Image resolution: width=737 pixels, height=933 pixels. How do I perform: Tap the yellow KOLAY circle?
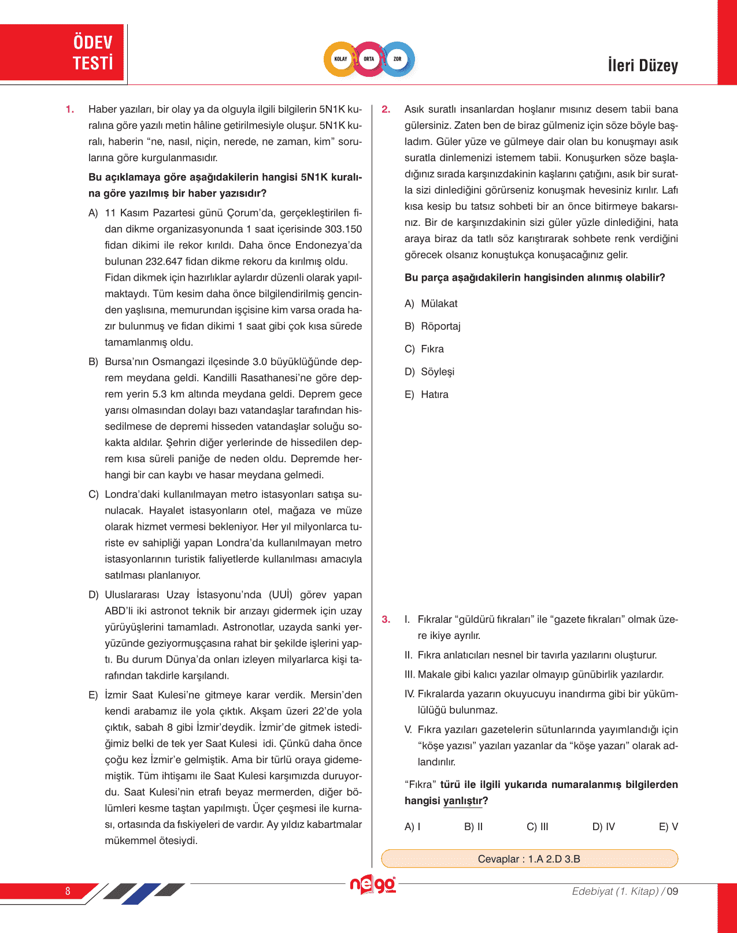pos(341,59)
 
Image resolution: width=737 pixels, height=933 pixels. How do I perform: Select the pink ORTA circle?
pos(369,59)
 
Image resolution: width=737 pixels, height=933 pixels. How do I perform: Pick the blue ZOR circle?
pos(398,59)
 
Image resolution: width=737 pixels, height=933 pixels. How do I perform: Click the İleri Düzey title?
pos(643,65)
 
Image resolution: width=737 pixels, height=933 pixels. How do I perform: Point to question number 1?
pos(70,109)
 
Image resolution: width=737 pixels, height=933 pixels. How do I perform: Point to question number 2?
pos(386,109)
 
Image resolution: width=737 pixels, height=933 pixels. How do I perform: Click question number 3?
pos(386,619)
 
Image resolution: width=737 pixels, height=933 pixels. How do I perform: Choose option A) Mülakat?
pos(431,303)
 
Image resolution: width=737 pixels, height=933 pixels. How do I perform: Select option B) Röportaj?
pos(433,326)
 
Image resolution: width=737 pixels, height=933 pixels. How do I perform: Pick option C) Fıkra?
pos(424,349)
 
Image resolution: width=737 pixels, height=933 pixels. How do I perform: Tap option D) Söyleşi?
pos(429,371)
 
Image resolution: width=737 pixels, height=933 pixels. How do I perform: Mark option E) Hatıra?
pos(427,395)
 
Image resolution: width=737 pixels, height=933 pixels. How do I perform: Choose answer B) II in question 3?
pos(473,827)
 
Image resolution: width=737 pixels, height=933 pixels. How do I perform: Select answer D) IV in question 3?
pos(603,827)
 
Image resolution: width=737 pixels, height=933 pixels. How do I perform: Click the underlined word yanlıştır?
pos(462,801)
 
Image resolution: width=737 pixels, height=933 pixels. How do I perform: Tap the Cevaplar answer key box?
pos(529,858)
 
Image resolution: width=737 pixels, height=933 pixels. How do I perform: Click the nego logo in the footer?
pos(373,884)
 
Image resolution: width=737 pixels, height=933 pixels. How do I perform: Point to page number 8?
pos(68,891)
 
